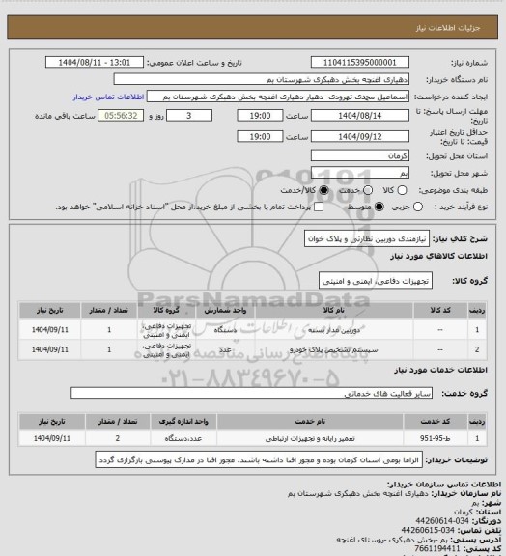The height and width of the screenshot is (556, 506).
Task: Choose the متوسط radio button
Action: pos(379,207)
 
